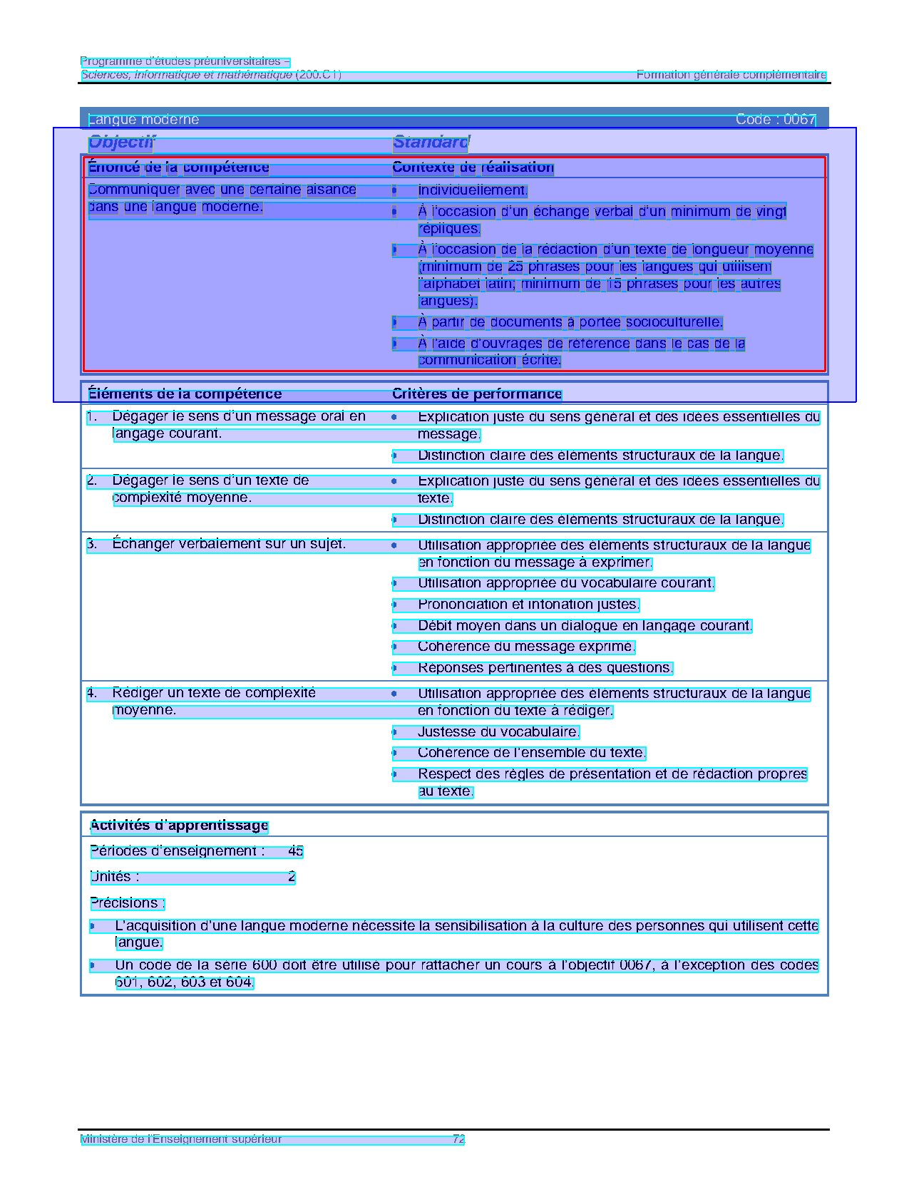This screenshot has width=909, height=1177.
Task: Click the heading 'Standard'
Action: pyautogui.click(x=431, y=143)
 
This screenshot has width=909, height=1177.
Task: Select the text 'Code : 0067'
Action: pyautogui.click(x=775, y=120)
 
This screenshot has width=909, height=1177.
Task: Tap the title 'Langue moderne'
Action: pyautogui.click(x=143, y=120)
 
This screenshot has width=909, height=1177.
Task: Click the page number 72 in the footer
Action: pyautogui.click(x=458, y=1139)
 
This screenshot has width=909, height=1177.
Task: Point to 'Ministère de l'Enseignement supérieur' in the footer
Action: pyautogui.click(x=181, y=1139)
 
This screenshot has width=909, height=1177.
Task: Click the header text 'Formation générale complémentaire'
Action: pyautogui.click(x=731, y=75)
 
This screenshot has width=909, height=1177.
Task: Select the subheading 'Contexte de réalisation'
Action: pyautogui.click(x=473, y=168)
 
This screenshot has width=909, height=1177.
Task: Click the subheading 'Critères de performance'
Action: pyautogui.click(x=477, y=394)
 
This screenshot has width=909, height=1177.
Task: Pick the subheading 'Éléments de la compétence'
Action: pyautogui.click(x=185, y=394)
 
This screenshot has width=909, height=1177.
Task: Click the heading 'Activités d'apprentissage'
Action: pyautogui.click(x=179, y=826)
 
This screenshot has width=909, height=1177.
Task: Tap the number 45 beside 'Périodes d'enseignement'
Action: pyautogui.click(x=296, y=851)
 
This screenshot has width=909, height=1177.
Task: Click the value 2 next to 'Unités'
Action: pyautogui.click(x=292, y=877)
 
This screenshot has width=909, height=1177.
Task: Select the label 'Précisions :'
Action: pyautogui.click(x=128, y=903)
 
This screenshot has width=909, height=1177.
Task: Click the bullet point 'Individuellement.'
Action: pyautogui.click(x=472, y=190)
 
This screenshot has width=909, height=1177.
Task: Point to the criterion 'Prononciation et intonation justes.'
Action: pyautogui.click(x=528, y=605)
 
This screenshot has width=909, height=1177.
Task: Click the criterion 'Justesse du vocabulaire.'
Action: pyautogui.click(x=498, y=732)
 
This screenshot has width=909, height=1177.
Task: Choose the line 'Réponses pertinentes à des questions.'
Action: pyautogui.click(x=545, y=668)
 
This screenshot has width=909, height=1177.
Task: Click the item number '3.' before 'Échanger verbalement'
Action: pyautogui.click(x=92, y=545)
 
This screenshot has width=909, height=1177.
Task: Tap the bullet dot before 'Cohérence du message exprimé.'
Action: pyautogui.click(x=394, y=647)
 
